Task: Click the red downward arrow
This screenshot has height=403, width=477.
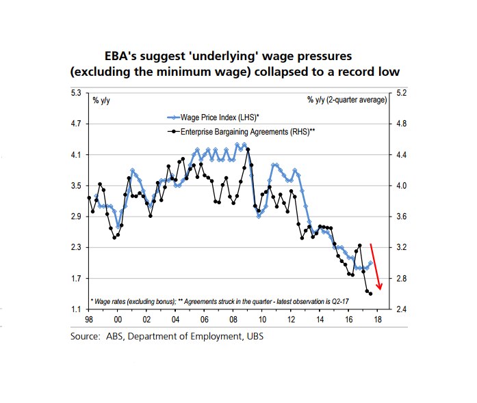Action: point(375,266)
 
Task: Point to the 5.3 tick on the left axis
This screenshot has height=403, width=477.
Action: point(76,93)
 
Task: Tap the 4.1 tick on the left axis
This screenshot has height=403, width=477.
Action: point(76,155)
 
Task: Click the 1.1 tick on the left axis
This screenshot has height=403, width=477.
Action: point(76,310)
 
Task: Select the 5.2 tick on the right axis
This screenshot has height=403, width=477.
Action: point(401,93)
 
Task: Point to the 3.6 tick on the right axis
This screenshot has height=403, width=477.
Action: point(401,217)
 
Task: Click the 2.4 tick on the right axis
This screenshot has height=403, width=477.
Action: point(401,310)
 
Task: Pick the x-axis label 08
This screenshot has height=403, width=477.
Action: point(233,320)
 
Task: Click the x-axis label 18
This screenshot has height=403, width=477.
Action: point(378,320)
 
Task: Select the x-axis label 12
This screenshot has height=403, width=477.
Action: point(291,320)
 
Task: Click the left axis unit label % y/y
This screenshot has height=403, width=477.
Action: point(101,100)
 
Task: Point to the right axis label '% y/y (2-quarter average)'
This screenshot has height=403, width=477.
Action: point(347,100)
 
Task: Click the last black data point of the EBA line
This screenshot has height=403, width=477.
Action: point(370,294)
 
